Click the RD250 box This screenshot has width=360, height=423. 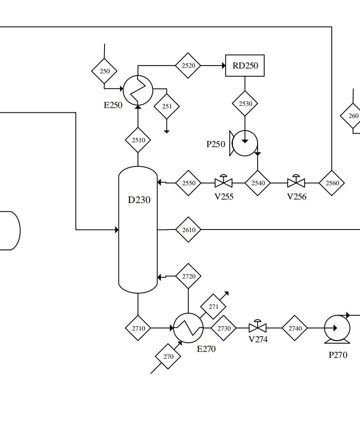245,66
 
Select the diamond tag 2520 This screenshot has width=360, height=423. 188,66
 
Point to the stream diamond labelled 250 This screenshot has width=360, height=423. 105,71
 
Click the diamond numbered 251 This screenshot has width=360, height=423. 167,106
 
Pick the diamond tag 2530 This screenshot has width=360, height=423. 245,104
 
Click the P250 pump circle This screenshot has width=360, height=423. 245,143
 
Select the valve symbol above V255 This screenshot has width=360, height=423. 224,182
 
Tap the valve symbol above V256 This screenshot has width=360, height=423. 296,182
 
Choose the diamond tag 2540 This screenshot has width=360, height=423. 258,183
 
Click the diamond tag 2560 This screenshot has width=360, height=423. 332,183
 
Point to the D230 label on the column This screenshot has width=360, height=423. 139,200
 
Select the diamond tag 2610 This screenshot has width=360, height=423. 188,230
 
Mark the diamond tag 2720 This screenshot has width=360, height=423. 188,276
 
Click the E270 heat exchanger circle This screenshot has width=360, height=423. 188,328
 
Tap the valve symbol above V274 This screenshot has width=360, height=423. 258,328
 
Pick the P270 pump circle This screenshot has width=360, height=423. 337,328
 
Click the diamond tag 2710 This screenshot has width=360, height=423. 138,328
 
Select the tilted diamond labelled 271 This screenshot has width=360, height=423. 213,307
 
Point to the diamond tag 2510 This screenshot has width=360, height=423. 138,140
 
